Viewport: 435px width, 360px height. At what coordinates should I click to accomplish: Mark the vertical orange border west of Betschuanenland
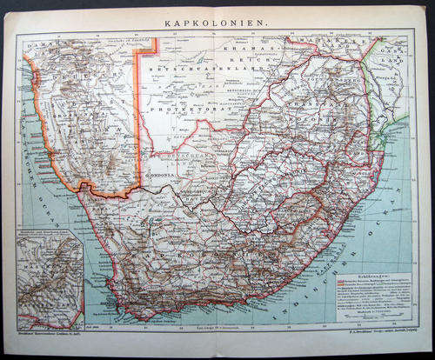pyautogui.click(x=137, y=113)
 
